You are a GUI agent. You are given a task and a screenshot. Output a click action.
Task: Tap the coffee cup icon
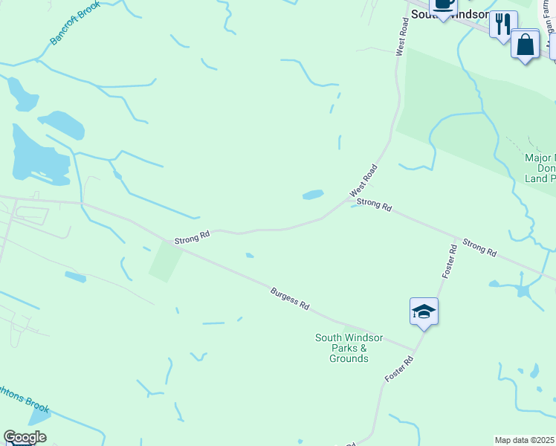click(443, 4)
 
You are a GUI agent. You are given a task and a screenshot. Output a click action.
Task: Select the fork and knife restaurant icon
click(503, 24)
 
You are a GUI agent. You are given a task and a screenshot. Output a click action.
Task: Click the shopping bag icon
click(525, 45)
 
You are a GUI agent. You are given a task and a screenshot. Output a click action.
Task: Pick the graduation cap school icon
click(424, 311)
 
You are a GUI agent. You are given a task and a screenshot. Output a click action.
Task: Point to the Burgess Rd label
click(290, 299)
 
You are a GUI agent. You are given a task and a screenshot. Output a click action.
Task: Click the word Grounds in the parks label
click(349, 359)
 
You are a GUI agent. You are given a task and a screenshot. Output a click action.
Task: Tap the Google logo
click(25, 437)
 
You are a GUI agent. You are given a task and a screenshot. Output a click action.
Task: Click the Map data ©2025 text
click(525, 440)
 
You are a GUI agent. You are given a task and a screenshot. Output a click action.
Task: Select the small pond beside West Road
click(313, 195)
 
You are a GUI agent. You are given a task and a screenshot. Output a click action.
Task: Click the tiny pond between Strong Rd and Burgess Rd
click(250, 256)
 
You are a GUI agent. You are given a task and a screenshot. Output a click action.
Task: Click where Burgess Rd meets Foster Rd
click(416, 349)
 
